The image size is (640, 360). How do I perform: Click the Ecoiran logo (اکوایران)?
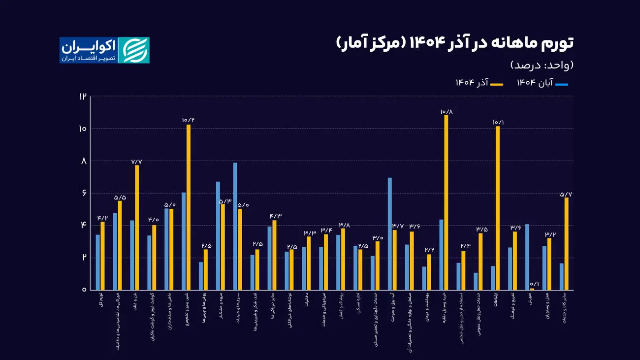tap(104, 50)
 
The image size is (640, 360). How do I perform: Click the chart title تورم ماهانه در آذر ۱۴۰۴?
tap(455, 43)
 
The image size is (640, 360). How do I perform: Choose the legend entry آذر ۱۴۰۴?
tap(480, 84)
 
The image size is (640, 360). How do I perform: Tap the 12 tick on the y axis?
tap(82, 97)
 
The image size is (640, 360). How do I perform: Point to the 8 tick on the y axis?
tap(83, 161)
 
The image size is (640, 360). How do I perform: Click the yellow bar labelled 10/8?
tap(447, 202)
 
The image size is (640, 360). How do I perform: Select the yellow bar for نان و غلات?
tap(137, 227)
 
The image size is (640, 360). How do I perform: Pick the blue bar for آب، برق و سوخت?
tap(390, 233)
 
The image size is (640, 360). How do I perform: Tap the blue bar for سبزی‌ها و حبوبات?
tap(235, 226)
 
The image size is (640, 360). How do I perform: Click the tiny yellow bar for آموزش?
tap(532, 289)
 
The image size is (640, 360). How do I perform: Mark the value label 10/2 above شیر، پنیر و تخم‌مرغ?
tap(188, 120)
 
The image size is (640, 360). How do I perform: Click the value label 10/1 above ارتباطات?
tap(498, 122)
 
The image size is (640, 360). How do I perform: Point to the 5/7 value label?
tap(566, 194)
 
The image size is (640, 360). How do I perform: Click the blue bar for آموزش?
tap(527, 257)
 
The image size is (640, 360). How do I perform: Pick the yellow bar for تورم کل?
tap(103, 256)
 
